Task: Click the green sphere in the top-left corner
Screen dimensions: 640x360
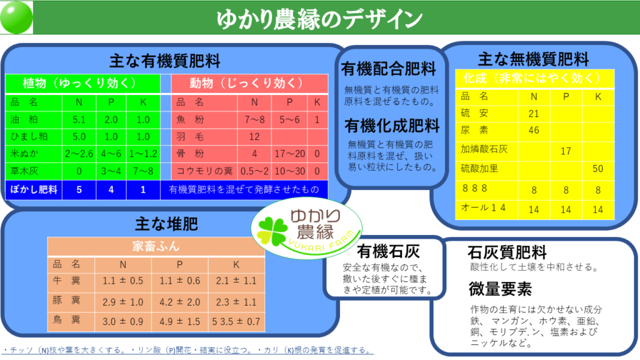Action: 16,17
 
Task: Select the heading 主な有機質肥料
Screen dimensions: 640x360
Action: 165,61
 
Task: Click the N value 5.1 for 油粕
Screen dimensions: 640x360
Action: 79,119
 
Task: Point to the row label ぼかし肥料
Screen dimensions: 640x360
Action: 34,189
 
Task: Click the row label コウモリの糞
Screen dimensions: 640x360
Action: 204,171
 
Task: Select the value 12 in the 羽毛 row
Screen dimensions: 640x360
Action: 254,137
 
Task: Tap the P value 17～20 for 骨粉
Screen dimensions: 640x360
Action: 290,154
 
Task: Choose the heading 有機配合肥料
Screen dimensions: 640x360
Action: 389,69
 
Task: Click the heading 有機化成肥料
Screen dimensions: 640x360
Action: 392,126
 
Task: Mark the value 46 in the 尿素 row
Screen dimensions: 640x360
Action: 534,130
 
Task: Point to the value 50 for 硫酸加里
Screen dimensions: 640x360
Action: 598,169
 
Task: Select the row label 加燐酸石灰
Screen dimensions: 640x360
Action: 484,149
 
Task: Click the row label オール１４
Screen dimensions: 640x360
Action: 483,207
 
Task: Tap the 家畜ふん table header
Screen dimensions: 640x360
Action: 156,246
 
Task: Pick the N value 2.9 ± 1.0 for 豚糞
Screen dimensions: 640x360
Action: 123,302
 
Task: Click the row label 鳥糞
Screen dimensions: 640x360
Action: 66,319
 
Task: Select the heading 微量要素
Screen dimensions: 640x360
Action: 500,289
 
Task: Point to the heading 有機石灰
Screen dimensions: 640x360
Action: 388,251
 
